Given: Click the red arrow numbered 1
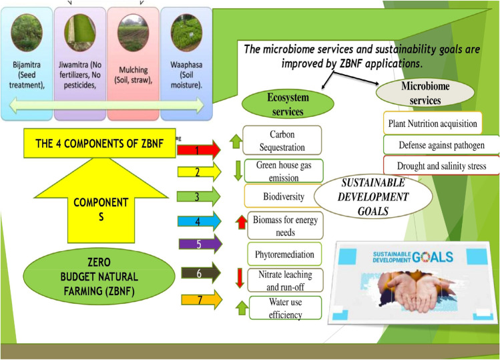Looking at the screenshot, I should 198,150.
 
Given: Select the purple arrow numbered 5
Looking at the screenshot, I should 198,244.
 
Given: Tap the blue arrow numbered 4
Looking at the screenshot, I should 198,221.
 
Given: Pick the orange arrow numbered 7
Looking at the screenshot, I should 198,301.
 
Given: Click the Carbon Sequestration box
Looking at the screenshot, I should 282,140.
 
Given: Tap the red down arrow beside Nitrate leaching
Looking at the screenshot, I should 239,278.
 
